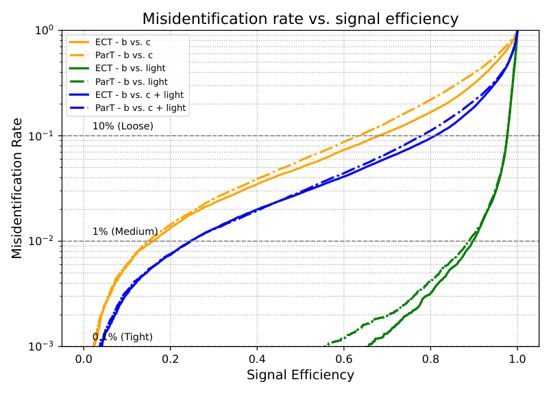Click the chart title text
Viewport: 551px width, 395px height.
tap(300, 18)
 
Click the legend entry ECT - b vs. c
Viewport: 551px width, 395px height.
tap(123, 42)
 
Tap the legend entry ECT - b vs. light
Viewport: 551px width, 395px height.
tap(130, 68)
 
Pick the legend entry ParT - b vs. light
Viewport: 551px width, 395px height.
tap(130, 81)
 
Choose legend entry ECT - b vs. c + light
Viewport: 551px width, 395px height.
tap(139, 94)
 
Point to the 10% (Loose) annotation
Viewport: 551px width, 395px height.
tap(123, 126)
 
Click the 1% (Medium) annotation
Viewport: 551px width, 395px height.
tap(125, 231)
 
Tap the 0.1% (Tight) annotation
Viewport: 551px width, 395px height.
tap(123, 337)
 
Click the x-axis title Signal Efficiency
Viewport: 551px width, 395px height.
tap(300, 375)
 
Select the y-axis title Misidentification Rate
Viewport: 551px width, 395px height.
tap(17, 188)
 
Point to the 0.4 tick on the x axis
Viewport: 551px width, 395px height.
tap(257, 357)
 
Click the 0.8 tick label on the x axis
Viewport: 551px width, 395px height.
tap(430, 357)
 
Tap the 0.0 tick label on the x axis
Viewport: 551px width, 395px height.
tap(84, 357)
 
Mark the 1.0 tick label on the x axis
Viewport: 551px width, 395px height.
tap(517, 357)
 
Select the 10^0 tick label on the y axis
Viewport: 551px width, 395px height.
tap(45, 30)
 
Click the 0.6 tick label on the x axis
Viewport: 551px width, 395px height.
tap(344, 357)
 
